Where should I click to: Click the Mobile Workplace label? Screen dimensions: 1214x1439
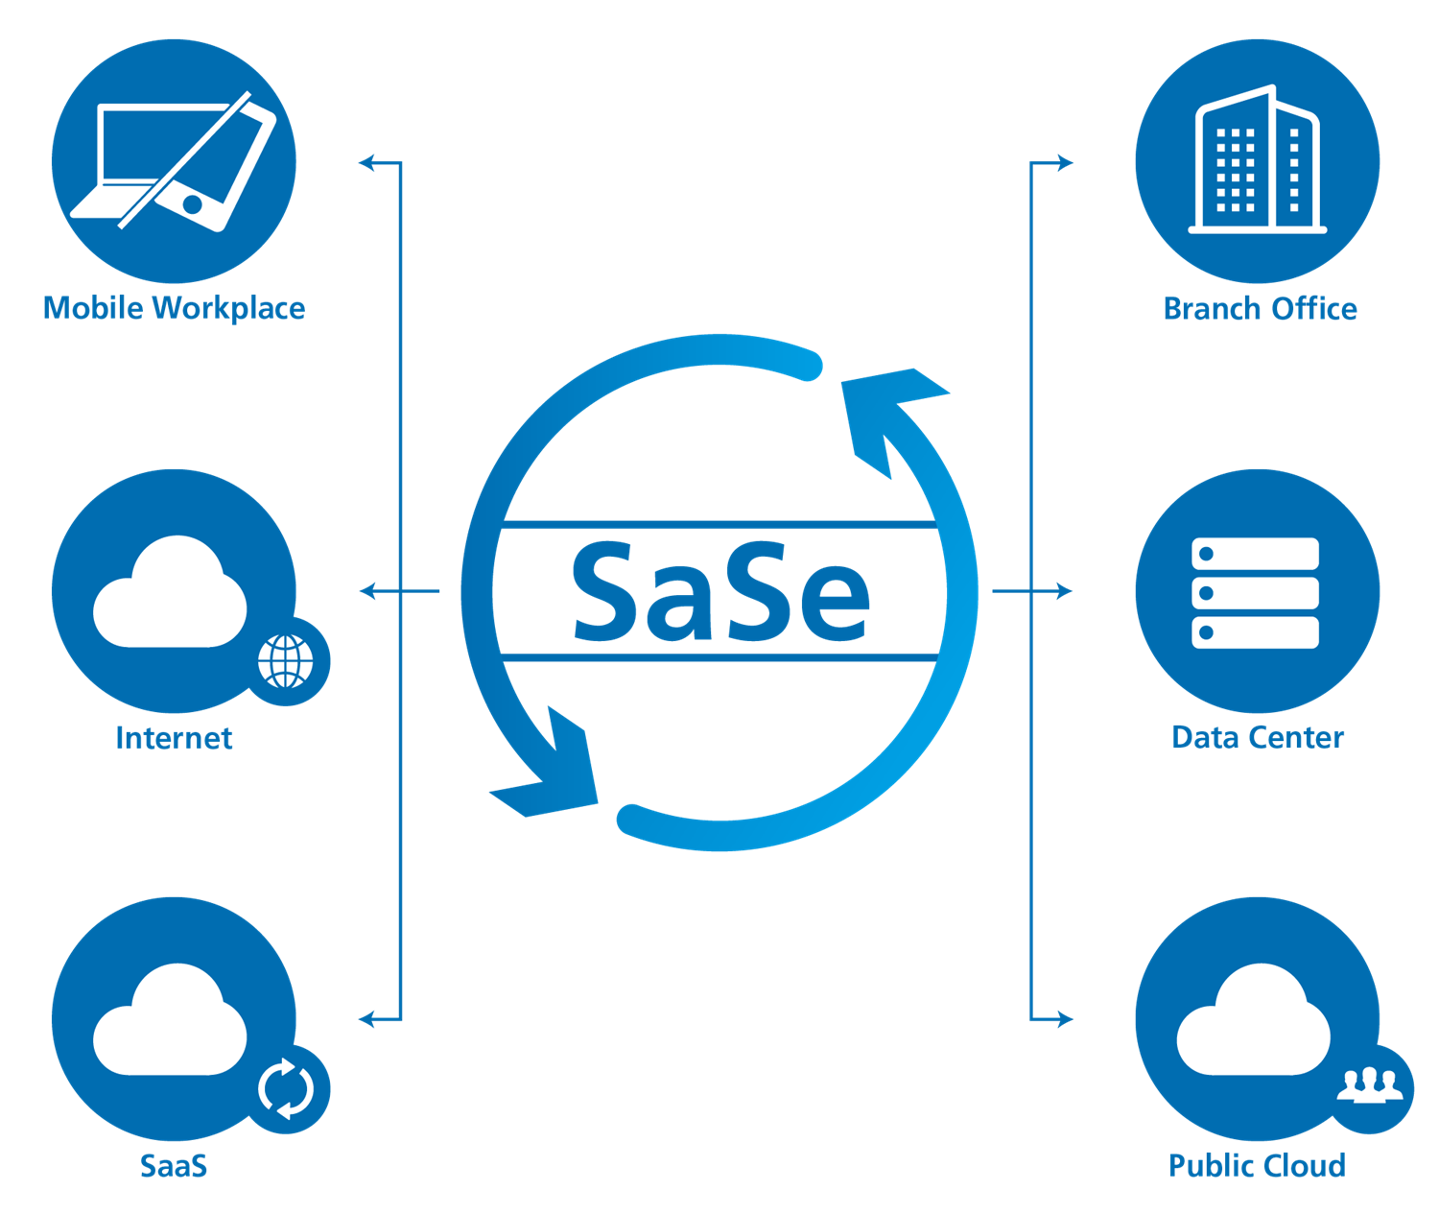click(x=174, y=308)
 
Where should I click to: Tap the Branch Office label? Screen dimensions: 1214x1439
click(x=1260, y=309)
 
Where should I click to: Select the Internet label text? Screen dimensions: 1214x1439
click(x=174, y=737)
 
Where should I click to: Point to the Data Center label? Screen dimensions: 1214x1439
click(x=1258, y=737)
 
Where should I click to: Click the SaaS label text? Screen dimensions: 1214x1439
click(x=174, y=1165)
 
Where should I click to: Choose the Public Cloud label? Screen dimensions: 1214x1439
click(x=1257, y=1165)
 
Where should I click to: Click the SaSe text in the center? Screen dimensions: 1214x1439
click(x=720, y=592)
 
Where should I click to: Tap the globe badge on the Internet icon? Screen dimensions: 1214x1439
click(x=286, y=661)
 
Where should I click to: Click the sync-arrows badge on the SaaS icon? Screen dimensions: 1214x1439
click(x=286, y=1089)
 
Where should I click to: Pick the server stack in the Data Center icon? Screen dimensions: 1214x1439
click(x=1256, y=592)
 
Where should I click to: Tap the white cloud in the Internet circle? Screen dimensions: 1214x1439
click(x=170, y=596)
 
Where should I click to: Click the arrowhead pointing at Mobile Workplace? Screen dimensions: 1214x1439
click(x=367, y=163)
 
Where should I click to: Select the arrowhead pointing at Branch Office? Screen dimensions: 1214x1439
click(x=1064, y=163)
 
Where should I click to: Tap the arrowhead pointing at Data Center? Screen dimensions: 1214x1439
click(x=1064, y=591)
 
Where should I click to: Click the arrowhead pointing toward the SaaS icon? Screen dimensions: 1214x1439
click(x=367, y=1018)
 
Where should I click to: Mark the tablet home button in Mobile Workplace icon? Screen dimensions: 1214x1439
click(x=193, y=204)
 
